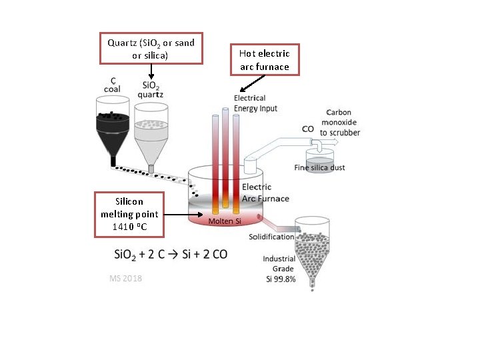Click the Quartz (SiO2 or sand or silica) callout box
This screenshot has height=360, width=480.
tap(151, 48)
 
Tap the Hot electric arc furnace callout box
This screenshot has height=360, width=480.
tap(265, 59)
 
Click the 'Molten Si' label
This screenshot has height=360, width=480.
tap(225, 221)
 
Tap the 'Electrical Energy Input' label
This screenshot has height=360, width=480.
tap(255, 103)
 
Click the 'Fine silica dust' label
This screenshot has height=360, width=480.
tap(319, 167)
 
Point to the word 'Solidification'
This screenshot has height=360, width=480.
tap(271, 237)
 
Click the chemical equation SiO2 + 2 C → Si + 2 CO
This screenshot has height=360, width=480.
tap(169, 255)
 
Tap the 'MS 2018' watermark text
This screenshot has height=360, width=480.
tap(125, 278)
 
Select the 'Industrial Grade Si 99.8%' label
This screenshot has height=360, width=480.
tap(279, 269)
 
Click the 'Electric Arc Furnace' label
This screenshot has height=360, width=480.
tap(265, 193)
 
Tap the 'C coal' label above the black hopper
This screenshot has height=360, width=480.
tap(113, 85)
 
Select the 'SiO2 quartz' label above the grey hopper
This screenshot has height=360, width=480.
tap(151, 89)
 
